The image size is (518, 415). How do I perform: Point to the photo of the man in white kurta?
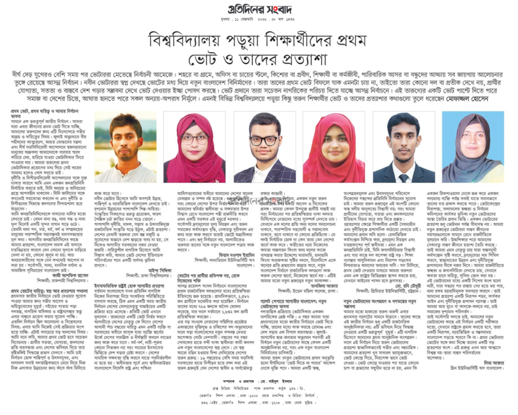pos(125,147)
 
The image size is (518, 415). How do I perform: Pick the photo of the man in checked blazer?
pos(264,147)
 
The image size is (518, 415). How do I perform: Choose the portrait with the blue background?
pos(472,147)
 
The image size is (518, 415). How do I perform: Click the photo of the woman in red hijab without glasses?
pos(334,147)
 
